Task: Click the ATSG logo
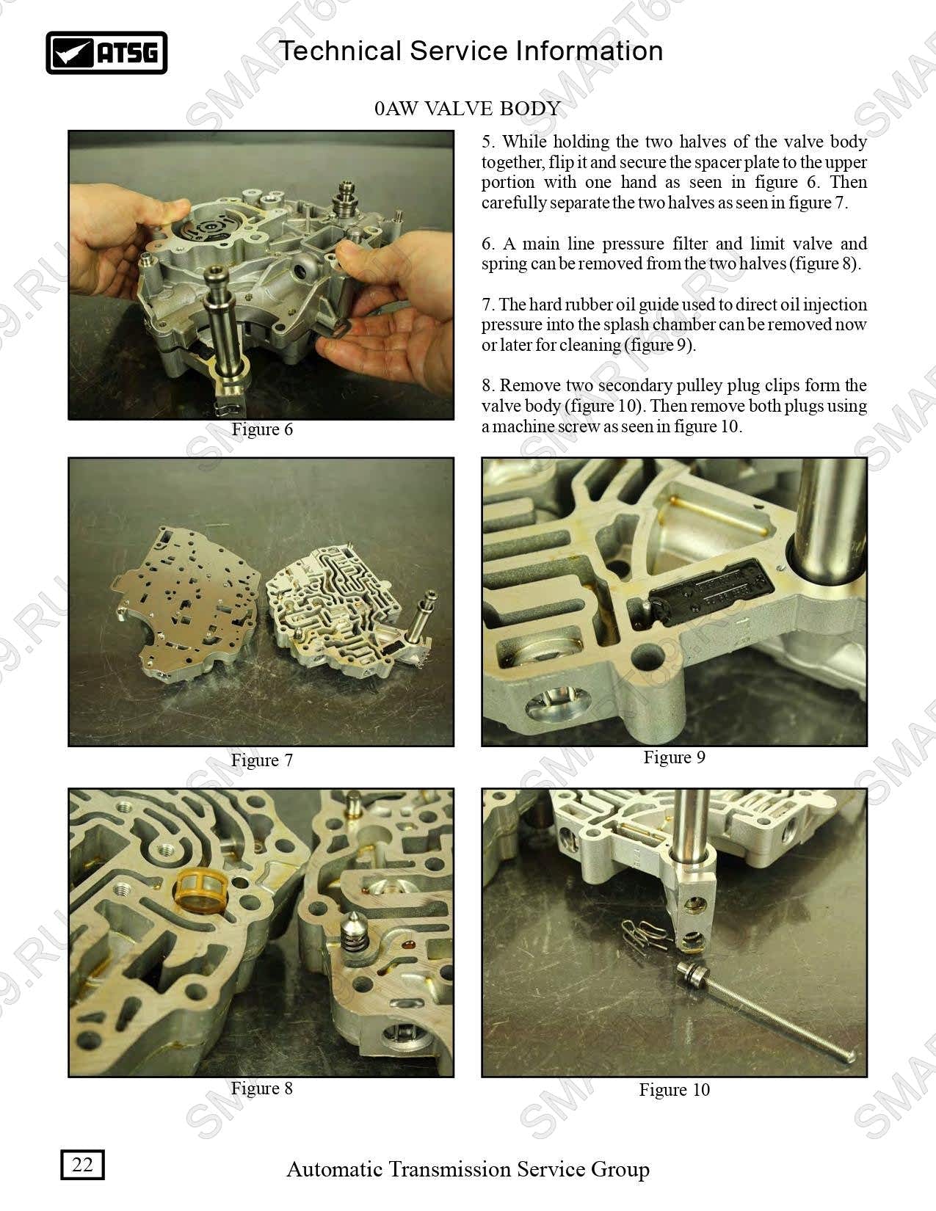click(x=106, y=53)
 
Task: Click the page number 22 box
click(x=82, y=1164)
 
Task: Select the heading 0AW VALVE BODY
click(x=467, y=108)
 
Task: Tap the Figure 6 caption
click(x=262, y=429)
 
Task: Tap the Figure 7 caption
click(x=262, y=760)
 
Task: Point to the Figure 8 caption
click(x=262, y=1088)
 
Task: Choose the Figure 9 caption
click(x=675, y=757)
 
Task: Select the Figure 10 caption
click(x=675, y=1089)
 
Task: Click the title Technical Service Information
click(x=471, y=51)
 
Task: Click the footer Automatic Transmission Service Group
click(x=468, y=1168)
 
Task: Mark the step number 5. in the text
click(x=487, y=142)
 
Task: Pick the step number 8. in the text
click(x=487, y=385)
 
